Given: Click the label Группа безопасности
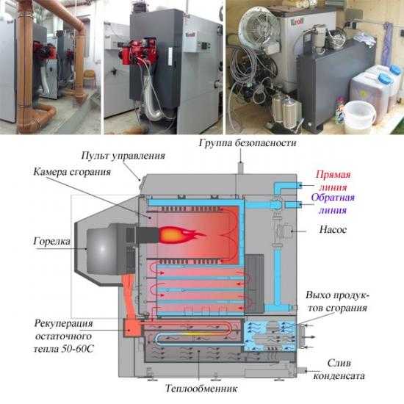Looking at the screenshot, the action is pos(248,143).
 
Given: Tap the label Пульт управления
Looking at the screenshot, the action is pos(123,156).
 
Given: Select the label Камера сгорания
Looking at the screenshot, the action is pos(72,172).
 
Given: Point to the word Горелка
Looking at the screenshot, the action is pos(52,242).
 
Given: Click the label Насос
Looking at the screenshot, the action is pos(333,230).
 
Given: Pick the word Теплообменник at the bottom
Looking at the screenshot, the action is pos(201,389).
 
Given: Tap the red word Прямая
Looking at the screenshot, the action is pos(333,175).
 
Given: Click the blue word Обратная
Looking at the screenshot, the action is pos(333,198).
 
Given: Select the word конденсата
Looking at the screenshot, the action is pos(339,376).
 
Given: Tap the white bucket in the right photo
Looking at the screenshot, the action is pos(360,117).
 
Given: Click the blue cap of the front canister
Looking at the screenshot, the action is pos(385,78).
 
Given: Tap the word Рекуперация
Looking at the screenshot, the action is pos(63,324).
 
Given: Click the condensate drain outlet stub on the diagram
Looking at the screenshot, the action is pos(302,370).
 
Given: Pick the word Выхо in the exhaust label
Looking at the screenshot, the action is pos(317,295).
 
